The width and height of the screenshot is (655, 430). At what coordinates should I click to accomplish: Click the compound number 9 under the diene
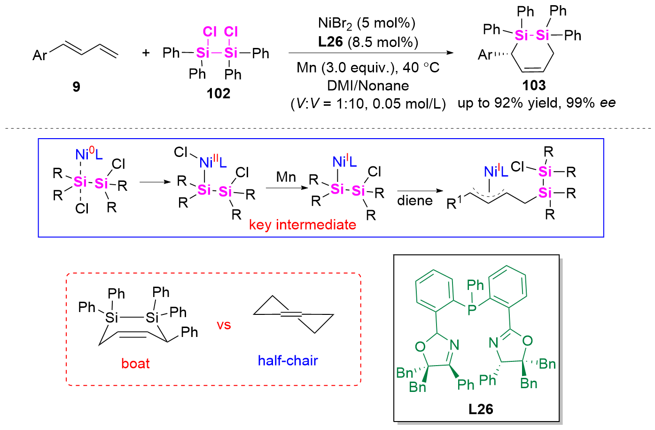76,87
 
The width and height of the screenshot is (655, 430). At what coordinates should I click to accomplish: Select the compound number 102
218,94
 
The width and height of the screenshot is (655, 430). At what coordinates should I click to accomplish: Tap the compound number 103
534,86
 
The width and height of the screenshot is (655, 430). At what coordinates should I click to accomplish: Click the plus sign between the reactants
146,53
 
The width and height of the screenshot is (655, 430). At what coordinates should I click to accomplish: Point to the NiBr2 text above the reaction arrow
335,23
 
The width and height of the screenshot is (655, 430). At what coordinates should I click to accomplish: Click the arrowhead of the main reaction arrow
450,53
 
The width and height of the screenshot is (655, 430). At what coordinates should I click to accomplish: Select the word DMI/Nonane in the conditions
368,86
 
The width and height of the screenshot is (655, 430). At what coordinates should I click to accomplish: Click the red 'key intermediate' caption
303,225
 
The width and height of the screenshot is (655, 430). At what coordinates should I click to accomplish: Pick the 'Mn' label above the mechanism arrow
286,177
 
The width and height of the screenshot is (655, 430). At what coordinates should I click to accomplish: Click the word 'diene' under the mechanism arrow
414,201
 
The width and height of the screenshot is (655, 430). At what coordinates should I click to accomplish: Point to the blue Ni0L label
89,154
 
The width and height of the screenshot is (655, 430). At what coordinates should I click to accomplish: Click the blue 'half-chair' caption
288,360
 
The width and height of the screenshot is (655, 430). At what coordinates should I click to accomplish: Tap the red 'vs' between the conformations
224,325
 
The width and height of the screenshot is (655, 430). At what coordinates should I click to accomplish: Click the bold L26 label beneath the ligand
481,409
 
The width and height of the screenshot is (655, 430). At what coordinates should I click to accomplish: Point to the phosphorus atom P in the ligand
472,310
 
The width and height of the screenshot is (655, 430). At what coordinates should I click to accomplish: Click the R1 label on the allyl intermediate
455,203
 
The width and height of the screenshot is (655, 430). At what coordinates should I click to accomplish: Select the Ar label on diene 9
40,55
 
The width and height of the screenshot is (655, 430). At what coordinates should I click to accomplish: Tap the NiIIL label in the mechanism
213,162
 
